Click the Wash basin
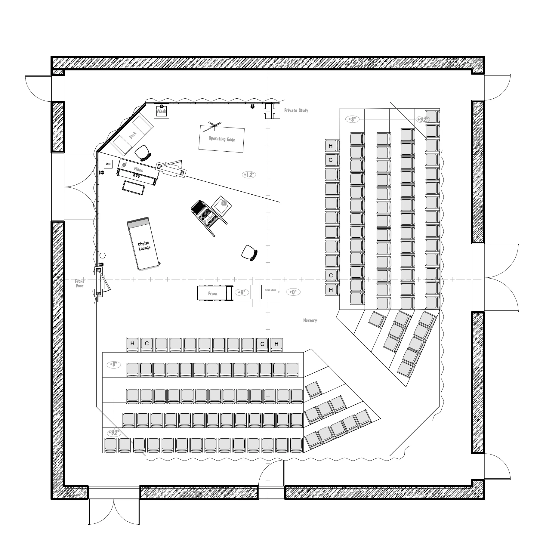click(x=161, y=111)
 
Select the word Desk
click(x=133, y=135)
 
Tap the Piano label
click(x=139, y=170)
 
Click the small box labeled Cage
click(x=108, y=164)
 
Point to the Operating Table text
click(x=222, y=139)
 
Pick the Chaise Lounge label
click(x=144, y=246)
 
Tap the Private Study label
click(x=296, y=110)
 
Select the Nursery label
click(x=310, y=320)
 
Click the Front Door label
click(x=80, y=283)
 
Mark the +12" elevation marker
click(x=249, y=174)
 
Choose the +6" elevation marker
click(x=242, y=292)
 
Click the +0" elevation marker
click(x=293, y=292)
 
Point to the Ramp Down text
click(x=270, y=290)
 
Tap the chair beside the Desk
click(x=142, y=153)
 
